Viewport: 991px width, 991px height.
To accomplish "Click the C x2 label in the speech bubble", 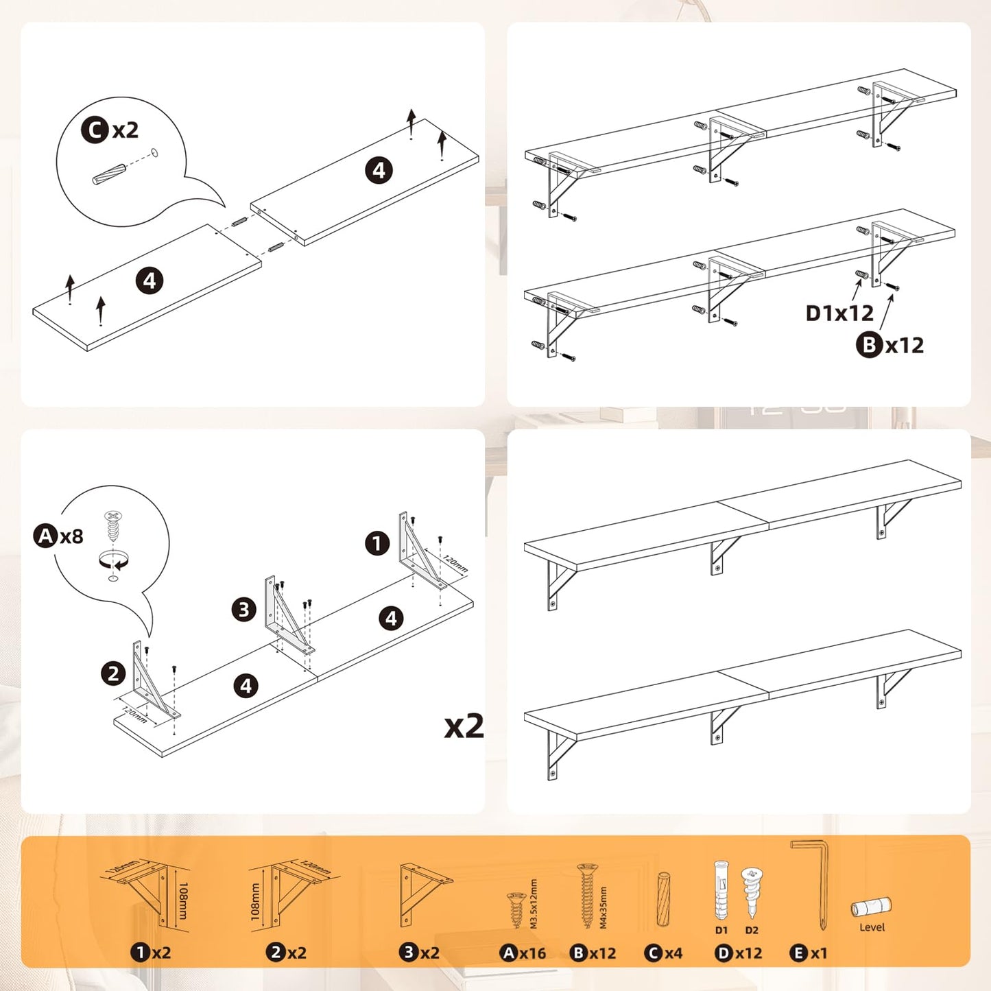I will tap(110, 130).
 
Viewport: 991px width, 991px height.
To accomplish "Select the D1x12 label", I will tap(839, 313).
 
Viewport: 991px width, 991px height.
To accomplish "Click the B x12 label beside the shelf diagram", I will tap(889, 345).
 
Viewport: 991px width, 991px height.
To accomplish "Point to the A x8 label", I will tap(59, 536).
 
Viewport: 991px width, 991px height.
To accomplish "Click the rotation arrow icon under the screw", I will tap(113, 560).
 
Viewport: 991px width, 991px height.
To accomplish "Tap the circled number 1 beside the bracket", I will tap(377, 544).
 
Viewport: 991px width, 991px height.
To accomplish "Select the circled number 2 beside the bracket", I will tap(113, 673).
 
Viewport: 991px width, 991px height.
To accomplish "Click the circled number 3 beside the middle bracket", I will tap(243, 609).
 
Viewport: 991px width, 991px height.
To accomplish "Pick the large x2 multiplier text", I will tap(464, 726).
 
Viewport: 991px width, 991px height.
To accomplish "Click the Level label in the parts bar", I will tap(872, 927).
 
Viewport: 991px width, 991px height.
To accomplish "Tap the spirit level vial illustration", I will tap(871, 907).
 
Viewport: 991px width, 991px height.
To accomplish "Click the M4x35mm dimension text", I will tap(604, 907).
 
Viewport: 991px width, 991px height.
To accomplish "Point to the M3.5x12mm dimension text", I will tap(534, 904).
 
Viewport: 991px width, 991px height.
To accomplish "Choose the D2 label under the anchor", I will tap(752, 930).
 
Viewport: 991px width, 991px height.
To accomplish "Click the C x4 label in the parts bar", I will tap(663, 953).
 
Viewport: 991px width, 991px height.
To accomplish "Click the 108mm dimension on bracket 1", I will tap(183, 900).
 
